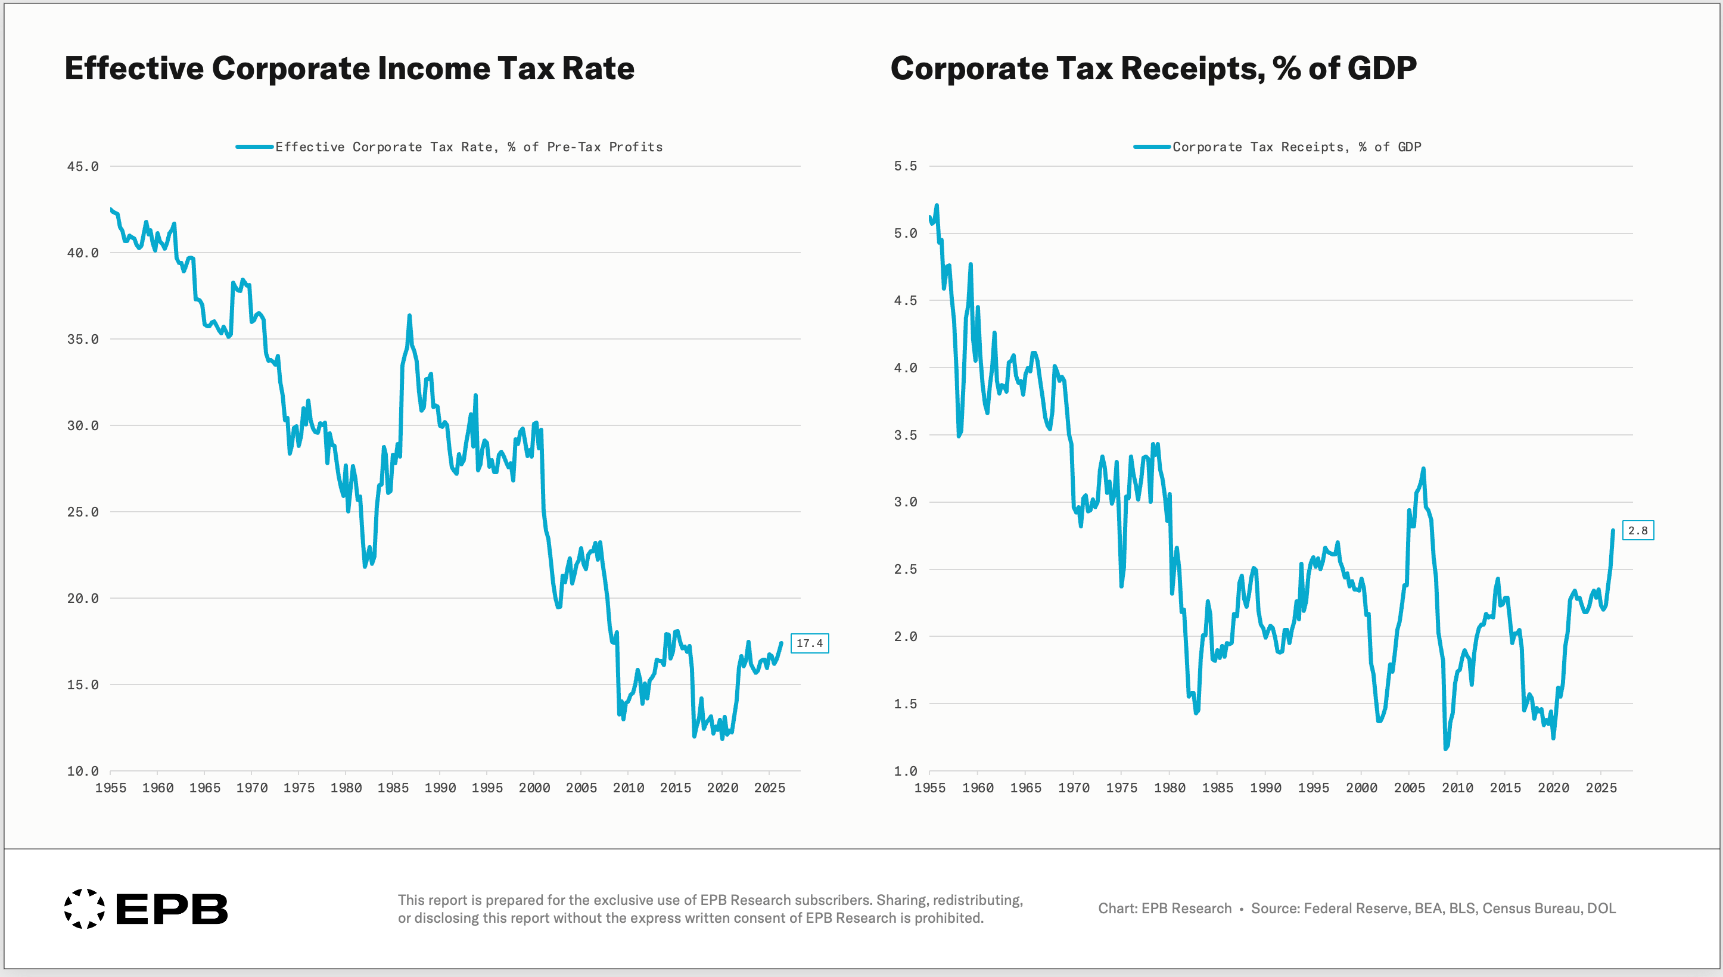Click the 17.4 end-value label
[809, 643]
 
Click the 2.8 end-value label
[1638, 531]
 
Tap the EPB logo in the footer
[145, 909]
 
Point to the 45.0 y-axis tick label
[83, 166]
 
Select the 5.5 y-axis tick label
[905, 166]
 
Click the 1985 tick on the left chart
[393, 788]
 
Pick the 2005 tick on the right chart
[1409, 788]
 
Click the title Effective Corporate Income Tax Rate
[350, 69]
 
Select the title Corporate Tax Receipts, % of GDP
[1153, 69]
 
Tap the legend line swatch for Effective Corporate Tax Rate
[254, 147]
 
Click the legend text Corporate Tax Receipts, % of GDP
[1296, 147]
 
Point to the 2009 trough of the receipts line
[1445, 748]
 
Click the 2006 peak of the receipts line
[1423, 469]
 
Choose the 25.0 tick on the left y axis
[83, 512]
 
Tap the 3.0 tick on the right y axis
[905, 502]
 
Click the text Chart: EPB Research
[1165, 908]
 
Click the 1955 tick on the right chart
[930, 788]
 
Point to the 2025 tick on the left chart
[770, 788]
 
